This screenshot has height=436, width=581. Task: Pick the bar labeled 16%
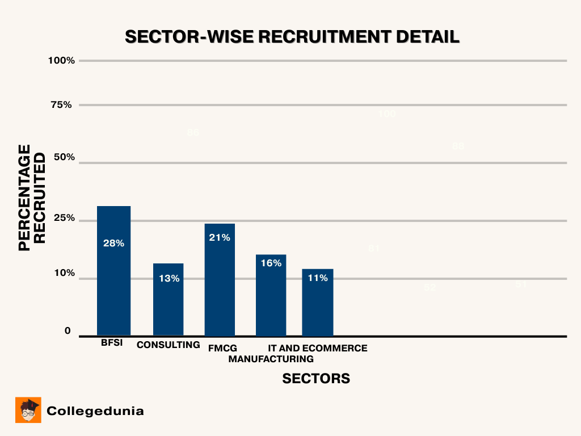(x=271, y=295)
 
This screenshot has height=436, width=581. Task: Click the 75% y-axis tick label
(x=61, y=104)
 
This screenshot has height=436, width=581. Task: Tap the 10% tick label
(x=64, y=273)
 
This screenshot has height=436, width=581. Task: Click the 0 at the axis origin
(x=68, y=331)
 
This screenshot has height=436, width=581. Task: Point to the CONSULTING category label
(x=169, y=345)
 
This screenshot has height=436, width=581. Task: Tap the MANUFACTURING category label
(x=271, y=359)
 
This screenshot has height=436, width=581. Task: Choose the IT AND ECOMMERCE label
(x=318, y=348)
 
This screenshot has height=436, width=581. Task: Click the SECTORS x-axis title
(x=316, y=379)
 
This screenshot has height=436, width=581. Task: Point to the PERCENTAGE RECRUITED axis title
(x=32, y=198)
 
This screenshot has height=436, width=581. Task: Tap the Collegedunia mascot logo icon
(x=28, y=410)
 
